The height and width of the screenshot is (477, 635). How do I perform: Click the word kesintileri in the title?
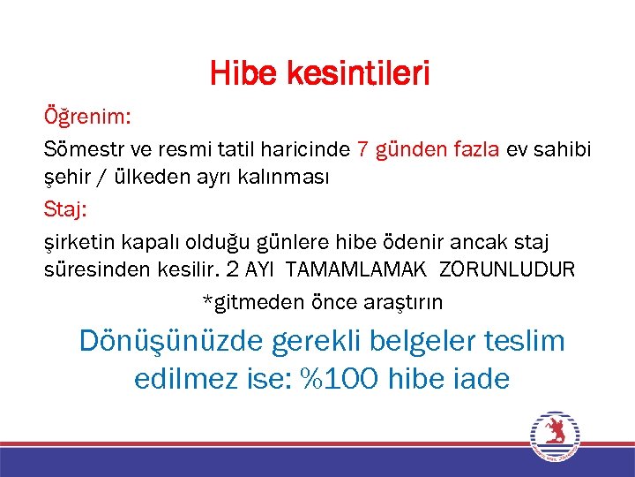(x=358, y=74)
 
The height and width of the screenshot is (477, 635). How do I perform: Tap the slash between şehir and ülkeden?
(x=106, y=178)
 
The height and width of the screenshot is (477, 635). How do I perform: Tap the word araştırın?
(x=403, y=302)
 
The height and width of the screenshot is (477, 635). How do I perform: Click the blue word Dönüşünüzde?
(x=165, y=341)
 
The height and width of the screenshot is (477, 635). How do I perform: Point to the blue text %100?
(x=340, y=379)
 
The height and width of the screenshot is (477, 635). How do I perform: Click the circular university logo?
(x=555, y=436)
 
